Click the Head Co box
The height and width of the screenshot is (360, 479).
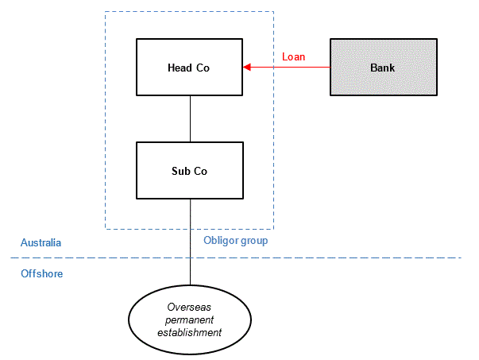coord(189,68)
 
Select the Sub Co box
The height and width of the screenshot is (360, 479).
coord(190,171)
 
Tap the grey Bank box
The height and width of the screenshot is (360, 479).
coord(384,68)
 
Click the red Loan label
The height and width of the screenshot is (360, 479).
coord(293,57)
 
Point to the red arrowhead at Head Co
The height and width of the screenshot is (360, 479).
coord(247,68)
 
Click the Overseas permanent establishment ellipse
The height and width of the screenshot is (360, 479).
coord(190,319)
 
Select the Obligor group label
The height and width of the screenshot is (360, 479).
coord(236,241)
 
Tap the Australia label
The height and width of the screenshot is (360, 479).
coord(41,242)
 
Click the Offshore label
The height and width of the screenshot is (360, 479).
coord(41,273)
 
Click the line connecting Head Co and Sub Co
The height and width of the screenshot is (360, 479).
coord(190,119)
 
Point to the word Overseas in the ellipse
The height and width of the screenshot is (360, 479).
coord(189,307)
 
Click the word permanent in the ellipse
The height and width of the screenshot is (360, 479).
coord(189,320)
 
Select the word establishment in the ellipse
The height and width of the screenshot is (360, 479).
coord(189,332)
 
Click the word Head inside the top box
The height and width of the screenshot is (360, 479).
coord(180,68)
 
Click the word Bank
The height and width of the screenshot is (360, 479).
coord(382,68)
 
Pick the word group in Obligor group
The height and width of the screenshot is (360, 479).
coord(254,241)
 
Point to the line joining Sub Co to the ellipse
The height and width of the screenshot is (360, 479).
coord(190,242)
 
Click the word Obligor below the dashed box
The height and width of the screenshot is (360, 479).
coord(221,241)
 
